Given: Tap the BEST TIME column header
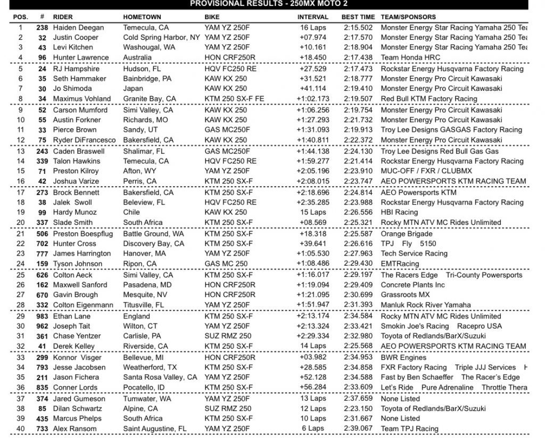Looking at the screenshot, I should click(x=358, y=17).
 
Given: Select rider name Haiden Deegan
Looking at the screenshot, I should click(x=79, y=28).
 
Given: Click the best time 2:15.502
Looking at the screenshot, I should click(x=357, y=28).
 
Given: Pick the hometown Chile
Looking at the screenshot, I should click(x=132, y=212).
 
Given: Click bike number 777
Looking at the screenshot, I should click(x=42, y=254).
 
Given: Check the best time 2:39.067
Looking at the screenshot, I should click(x=357, y=428).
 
